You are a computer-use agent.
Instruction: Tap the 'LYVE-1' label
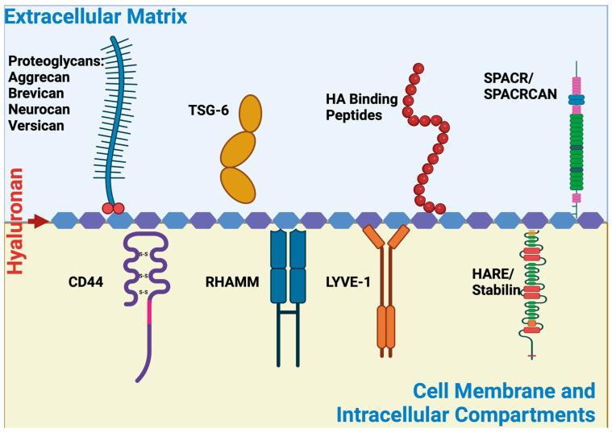pos(344,282)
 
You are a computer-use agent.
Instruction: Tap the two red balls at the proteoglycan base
pos(113,210)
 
